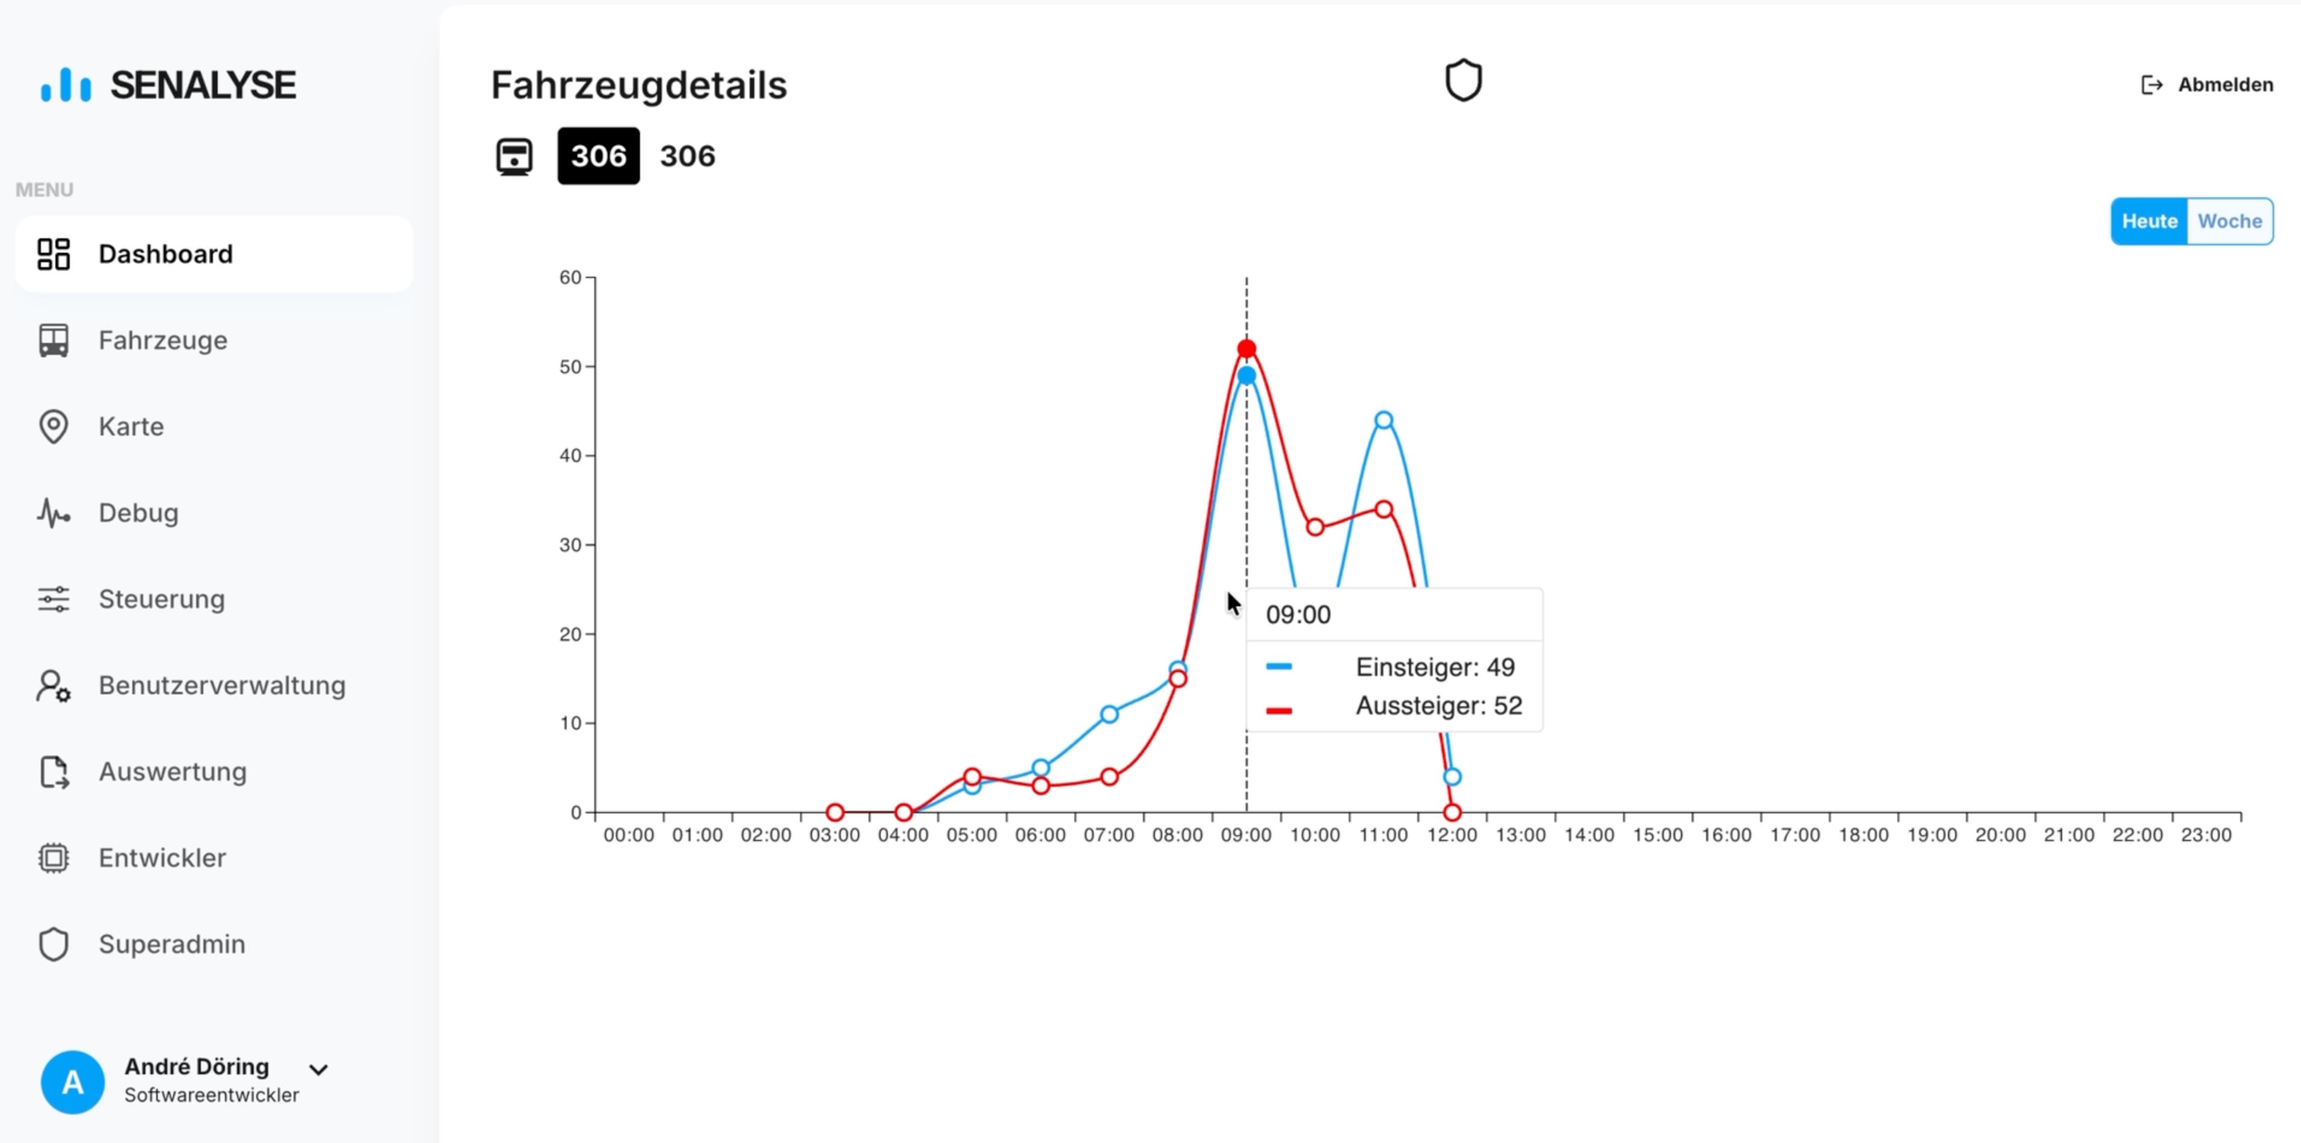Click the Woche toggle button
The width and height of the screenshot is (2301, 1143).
coord(2229,221)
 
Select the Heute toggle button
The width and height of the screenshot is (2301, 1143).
coord(2149,221)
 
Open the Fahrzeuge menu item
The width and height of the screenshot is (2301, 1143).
coord(162,340)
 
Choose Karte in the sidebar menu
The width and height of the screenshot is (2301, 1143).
coord(131,427)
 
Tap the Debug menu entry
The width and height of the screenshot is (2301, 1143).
coord(138,513)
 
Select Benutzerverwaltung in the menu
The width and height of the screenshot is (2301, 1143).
coord(221,685)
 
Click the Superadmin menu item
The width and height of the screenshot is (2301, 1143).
coord(171,944)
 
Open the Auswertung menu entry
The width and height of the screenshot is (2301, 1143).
coord(173,771)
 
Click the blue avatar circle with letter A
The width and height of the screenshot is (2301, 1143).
coord(72,1082)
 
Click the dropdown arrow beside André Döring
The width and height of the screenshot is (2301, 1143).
coord(318,1069)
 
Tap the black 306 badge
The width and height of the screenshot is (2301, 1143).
coord(599,156)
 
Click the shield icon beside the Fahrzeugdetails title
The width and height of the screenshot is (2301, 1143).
coord(1463,81)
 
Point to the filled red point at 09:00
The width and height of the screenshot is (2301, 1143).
coord(1246,348)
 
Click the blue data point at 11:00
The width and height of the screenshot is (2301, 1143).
coord(1384,420)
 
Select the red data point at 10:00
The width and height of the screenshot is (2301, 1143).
coord(1315,527)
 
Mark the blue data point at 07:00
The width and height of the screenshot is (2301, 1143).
coord(1109,715)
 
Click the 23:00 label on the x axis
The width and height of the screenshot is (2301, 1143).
coord(2207,835)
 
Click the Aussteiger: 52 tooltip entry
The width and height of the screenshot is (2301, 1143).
coord(1438,706)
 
